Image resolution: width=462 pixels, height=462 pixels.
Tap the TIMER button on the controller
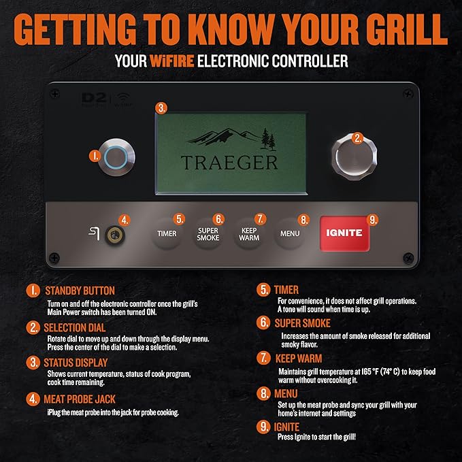[167, 233]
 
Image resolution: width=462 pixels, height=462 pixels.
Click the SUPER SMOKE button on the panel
[208, 234]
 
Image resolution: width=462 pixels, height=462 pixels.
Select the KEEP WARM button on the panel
[249, 234]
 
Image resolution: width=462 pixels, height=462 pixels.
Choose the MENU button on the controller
[290, 233]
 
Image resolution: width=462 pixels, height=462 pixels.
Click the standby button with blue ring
[115, 156]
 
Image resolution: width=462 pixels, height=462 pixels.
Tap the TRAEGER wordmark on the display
[229, 162]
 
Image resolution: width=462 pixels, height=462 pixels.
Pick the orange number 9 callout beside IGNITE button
[372, 220]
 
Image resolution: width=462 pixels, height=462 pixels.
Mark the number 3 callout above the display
[161, 108]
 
